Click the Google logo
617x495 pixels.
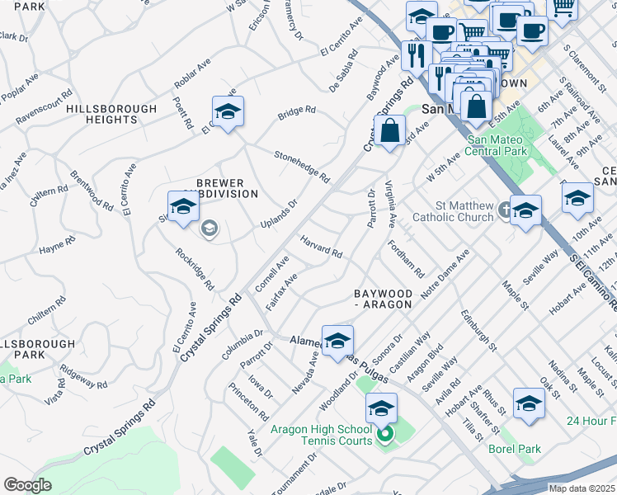point(27,485)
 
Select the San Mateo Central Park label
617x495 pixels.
point(497,145)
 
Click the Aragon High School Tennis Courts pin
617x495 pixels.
point(384,435)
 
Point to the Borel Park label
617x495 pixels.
point(514,450)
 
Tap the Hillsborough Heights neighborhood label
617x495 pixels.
point(111,114)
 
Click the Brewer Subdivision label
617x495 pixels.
point(227,188)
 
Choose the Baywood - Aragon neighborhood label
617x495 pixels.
point(382,299)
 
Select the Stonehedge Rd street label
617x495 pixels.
point(302,166)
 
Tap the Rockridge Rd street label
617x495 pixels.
point(195,270)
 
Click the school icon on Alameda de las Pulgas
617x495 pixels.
point(337,341)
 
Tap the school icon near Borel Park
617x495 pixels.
point(529,404)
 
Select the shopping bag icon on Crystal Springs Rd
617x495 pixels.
point(389,130)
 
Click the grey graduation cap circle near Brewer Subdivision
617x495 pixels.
point(210,228)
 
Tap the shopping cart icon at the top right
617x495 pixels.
point(563,8)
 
